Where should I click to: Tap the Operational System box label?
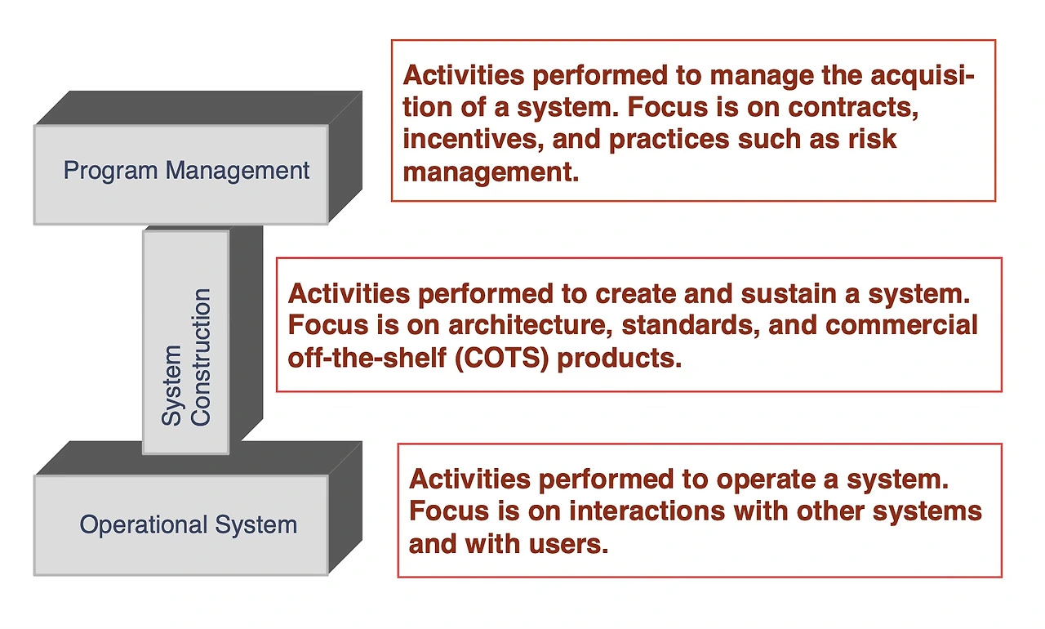[189, 525]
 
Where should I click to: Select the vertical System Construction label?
[185, 357]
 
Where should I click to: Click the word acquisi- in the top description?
[923, 76]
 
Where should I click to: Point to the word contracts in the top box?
[853, 107]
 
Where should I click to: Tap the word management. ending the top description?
[491, 172]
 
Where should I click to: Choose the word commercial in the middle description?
[901, 325]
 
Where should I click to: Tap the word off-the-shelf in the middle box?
[367, 358]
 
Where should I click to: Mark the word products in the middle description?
[620, 359]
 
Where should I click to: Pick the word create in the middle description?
[635, 294]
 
